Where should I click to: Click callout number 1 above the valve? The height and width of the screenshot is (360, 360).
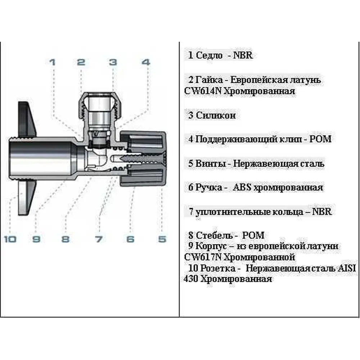[53, 62]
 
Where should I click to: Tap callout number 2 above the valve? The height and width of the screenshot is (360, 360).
[81, 62]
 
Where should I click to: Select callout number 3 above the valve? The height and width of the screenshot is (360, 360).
[113, 62]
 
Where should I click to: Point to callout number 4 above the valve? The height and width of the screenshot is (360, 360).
[145, 62]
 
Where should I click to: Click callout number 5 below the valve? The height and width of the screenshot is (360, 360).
[162, 239]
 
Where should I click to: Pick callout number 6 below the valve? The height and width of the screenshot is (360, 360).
[130, 239]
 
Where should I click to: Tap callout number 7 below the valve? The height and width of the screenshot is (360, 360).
[98, 239]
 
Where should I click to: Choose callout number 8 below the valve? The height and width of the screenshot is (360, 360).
[65, 239]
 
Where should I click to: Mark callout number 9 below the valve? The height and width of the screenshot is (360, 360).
[36, 239]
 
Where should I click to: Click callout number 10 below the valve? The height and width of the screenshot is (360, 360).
[10, 239]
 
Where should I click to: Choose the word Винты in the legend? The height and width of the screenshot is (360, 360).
[208, 163]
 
